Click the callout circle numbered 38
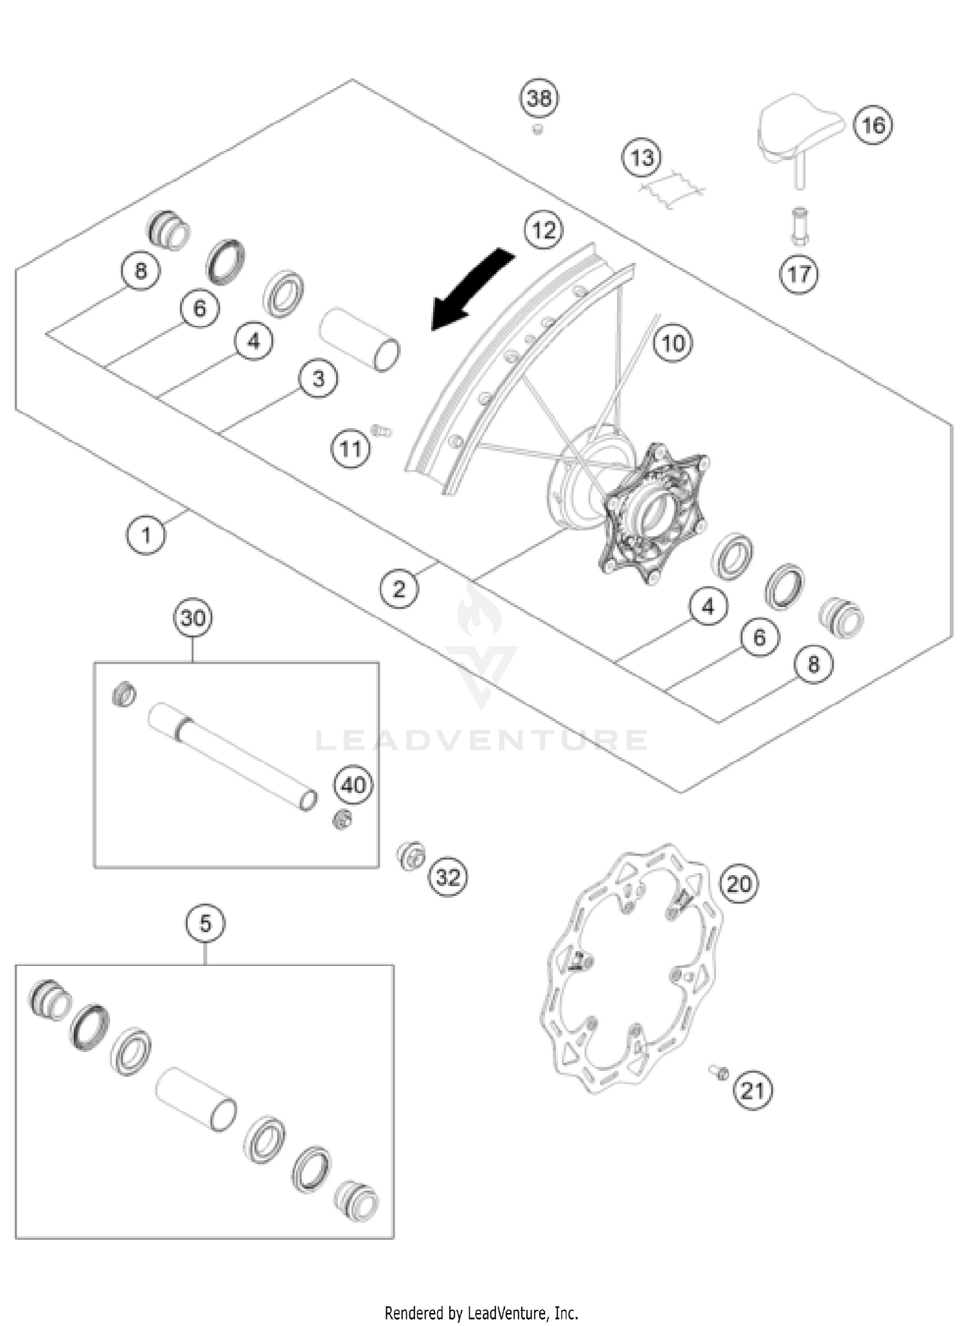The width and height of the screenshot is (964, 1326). pos(539,99)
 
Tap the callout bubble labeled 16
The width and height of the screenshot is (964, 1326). pos(873,125)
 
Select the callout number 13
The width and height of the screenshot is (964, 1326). pos(642,158)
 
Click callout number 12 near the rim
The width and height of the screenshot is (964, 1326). pos(544,230)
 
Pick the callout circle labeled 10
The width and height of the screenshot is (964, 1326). pos(673,343)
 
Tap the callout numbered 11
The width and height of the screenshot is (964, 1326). pos(351,448)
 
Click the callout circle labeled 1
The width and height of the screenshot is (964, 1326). pos(146,534)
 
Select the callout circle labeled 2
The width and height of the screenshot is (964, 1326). pos(399,588)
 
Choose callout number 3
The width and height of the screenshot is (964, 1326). pos(319,379)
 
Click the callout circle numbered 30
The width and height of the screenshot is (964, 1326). pos(193,619)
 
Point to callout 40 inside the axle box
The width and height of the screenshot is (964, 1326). pos(353,785)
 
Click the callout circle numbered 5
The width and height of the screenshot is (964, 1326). pos(205,924)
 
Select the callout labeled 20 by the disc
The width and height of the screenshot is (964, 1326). pos(738,884)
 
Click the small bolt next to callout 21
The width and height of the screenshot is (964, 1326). pos(719,1071)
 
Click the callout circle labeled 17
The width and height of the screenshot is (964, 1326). pos(799,275)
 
